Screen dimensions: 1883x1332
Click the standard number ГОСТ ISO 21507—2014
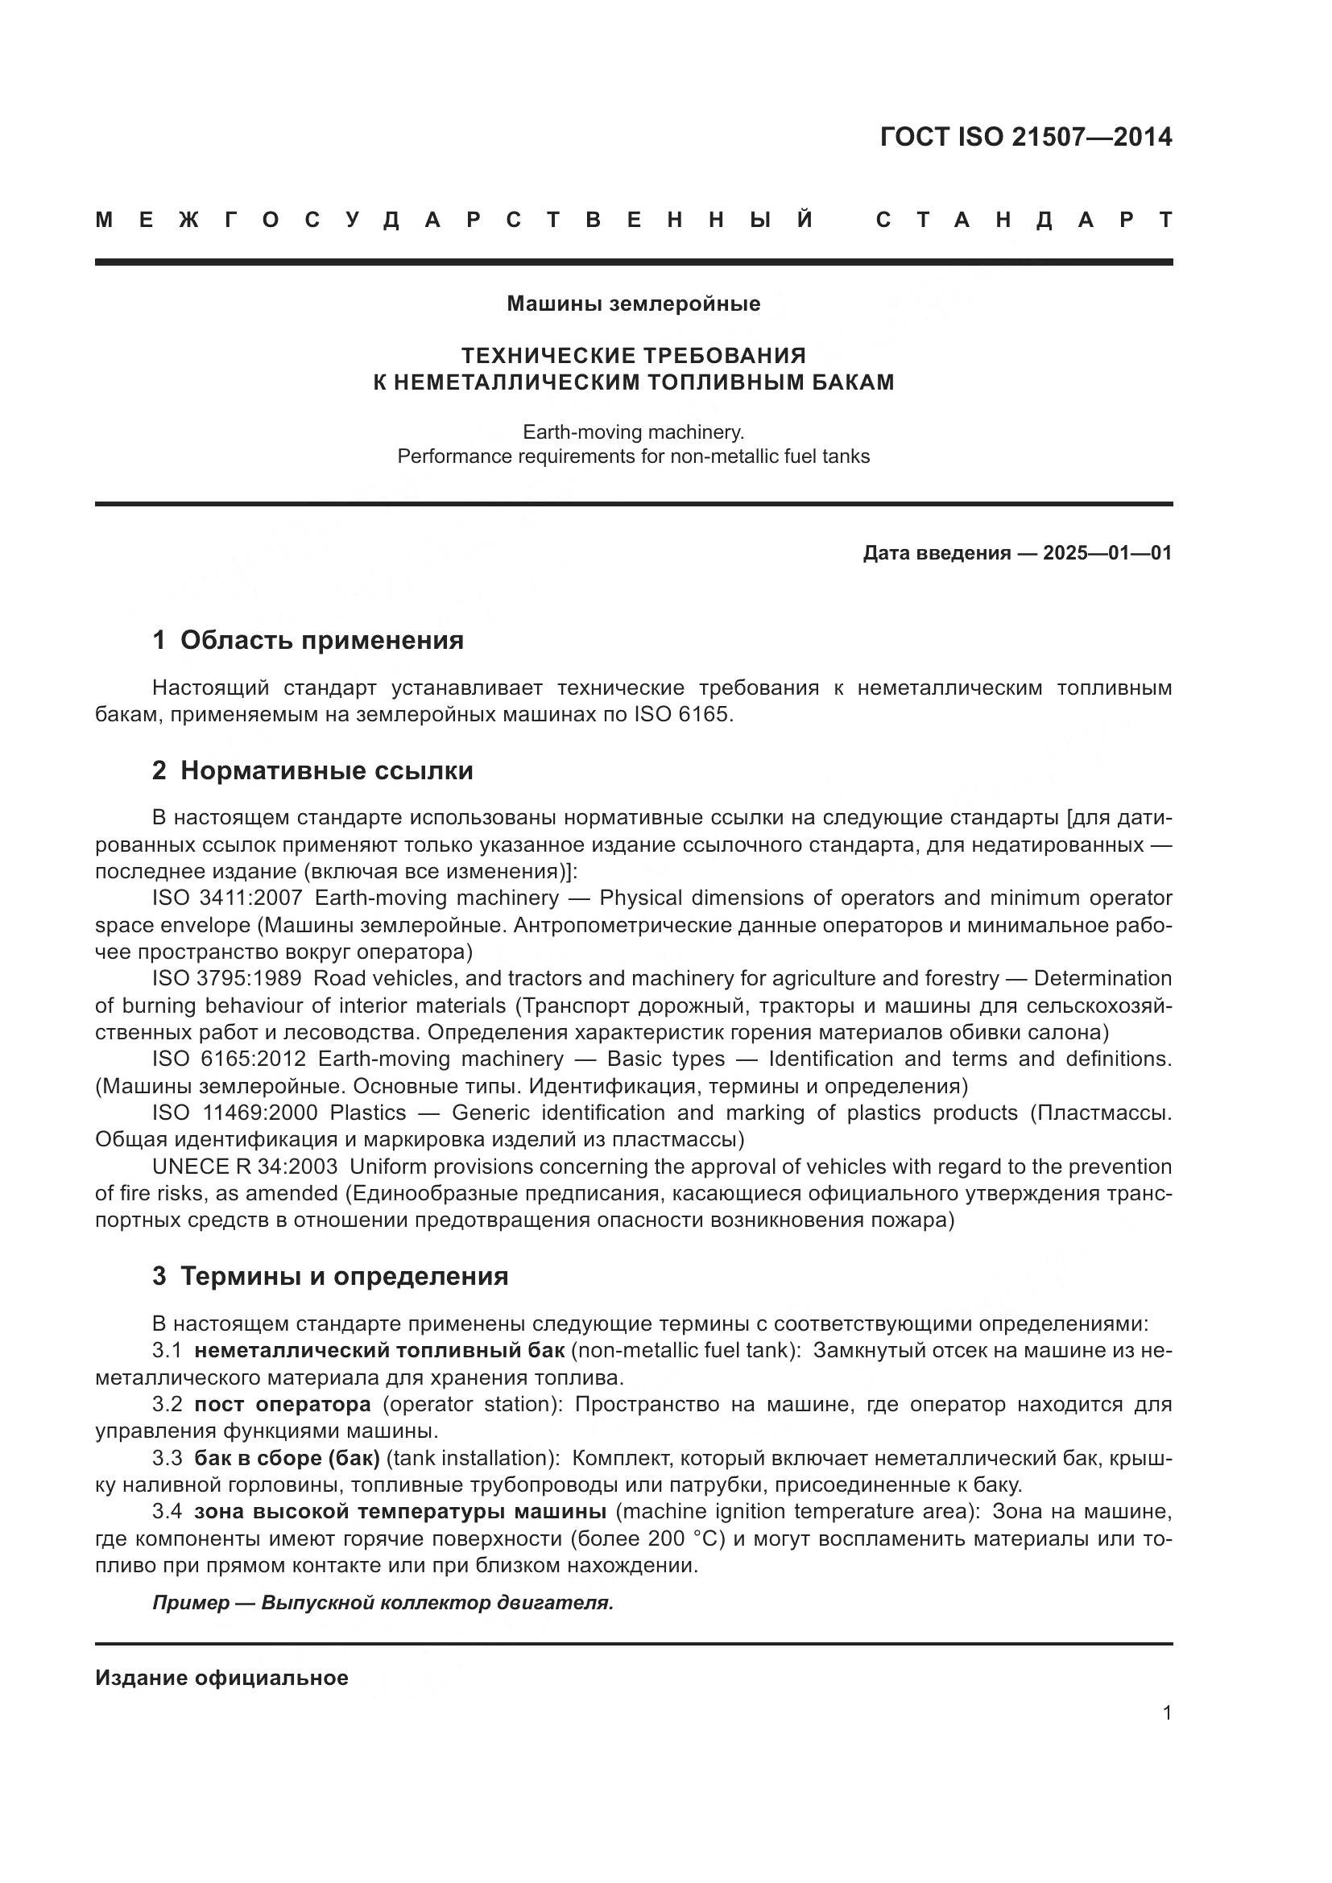click(1025, 136)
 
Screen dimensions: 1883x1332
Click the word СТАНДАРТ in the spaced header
click(1024, 220)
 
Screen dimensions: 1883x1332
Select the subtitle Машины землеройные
click(633, 304)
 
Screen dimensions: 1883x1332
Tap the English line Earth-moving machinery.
click(633, 432)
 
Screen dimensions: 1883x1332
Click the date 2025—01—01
click(1107, 553)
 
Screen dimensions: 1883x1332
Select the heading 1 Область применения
click(308, 641)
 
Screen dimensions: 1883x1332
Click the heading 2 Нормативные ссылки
click(312, 771)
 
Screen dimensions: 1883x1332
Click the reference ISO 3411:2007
click(226, 898)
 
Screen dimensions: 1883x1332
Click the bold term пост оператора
click(282, 1404)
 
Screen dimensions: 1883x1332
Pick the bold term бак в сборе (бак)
click(287, 1458)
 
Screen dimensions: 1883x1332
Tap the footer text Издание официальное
click(221, 1678)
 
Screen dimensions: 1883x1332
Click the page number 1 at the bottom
click(1166, 1712)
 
